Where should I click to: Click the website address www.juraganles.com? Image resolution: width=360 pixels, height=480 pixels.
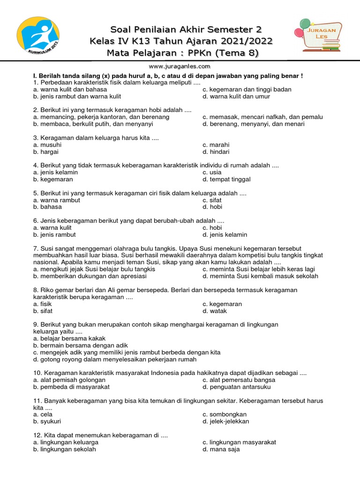[x=180, y=67]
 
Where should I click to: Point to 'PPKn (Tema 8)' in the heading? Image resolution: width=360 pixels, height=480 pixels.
[x=230, y=53]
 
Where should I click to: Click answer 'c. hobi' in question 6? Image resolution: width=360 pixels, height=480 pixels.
[x=212, y=228]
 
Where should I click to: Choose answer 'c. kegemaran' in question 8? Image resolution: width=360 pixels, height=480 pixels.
[x=222, y=304]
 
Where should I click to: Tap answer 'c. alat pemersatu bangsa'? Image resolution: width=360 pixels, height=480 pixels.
[x=239, y=380]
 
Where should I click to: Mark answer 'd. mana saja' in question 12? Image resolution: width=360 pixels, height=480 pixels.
[x=221, y=449]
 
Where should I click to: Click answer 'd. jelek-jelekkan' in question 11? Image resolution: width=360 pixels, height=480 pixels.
[x=225, y=421]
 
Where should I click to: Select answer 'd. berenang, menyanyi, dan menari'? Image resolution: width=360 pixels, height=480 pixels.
[x=253, y=124]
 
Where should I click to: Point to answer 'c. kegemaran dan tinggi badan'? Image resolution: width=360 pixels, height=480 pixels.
[x=247, y=90]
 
